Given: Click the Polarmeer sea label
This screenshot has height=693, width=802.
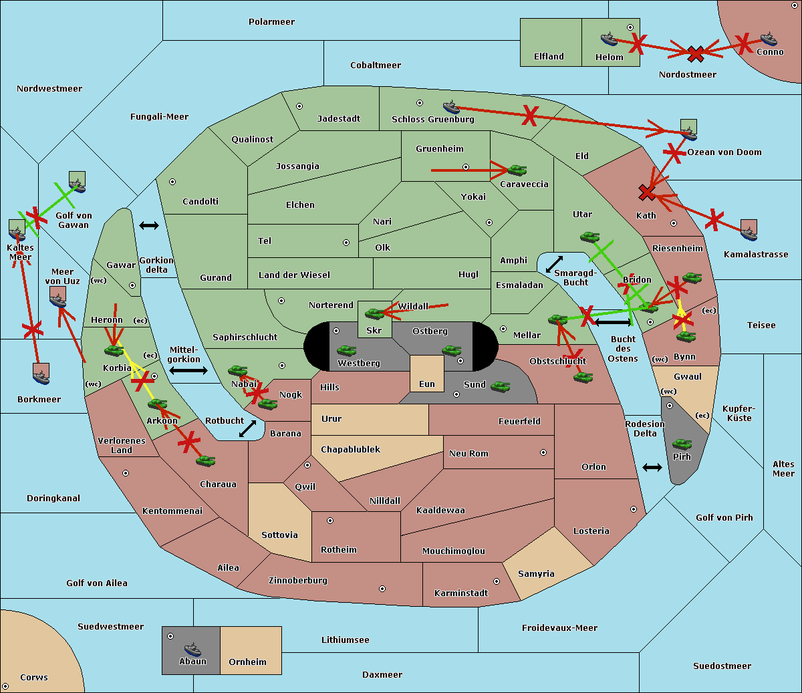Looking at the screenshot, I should pyautogui.click(x=271, y=22).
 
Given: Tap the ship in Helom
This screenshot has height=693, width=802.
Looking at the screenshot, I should pyautogui.click(x=609, y=39).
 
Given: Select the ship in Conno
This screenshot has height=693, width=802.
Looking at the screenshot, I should pyautogui.click(x=768, y=39).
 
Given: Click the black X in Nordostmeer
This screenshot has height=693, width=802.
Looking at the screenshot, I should pyautogui.click(x=696, y=53).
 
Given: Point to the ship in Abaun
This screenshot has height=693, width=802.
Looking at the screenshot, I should pyautogui.click(x=192, y=649).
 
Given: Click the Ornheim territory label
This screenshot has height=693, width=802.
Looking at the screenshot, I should pyautogui.click(x=247, y=662).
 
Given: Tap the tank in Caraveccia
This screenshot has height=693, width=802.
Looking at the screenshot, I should pyautogui.click(x=517, y=170).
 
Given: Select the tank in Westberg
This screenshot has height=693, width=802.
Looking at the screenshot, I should pyautogui.click(x=346, y=350).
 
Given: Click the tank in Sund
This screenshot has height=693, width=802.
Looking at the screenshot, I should pyautogui.click(x=501, y=386).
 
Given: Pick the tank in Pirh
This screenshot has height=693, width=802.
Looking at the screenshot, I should pyautogui.click(x=682, y=444).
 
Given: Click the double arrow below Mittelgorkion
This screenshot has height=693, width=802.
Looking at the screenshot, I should pyautogui.click(x=188, y=370).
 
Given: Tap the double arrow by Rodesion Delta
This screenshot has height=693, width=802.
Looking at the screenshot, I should pyautogui.click(x=652, y=467).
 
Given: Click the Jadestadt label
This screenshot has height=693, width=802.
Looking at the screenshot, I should pyautogui.click(x=338, y=119).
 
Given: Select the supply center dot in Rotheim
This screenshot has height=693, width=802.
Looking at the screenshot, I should pyautogui.click(x=330, y=521).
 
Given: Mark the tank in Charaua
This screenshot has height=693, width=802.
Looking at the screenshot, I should pyautogui.click(x=206, y=460).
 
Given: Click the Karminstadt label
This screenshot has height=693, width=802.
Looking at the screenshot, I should pyautogui.click(x=461, y=593).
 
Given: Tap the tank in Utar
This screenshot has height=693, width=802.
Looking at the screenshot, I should pyautogui.click(x=589, y=237).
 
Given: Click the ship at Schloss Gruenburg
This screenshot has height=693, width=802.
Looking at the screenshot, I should pyautogui.click(x=452, y=107).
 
